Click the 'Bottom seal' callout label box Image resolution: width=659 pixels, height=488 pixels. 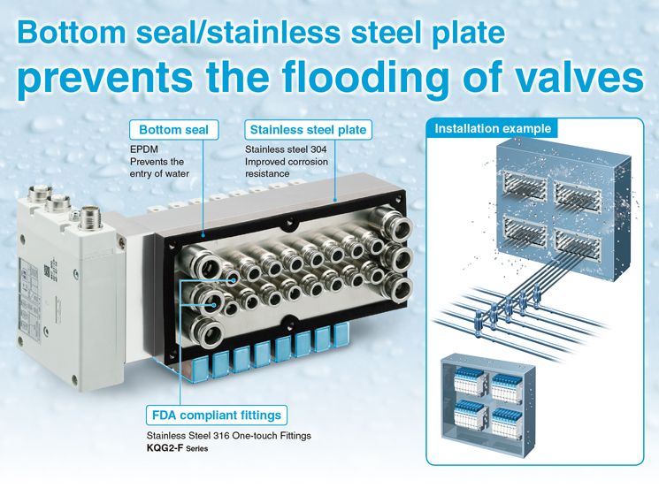click(x=174, y=130)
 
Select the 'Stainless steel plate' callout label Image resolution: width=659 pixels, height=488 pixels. click(x=308, y=130)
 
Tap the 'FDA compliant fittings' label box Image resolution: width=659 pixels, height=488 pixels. click(x=217, y=416)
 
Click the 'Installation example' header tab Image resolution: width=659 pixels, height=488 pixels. click(x=492, y=128)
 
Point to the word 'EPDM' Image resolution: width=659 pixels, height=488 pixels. click(x=144, y=149)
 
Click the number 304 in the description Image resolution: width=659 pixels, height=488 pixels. click(x=318, y=149)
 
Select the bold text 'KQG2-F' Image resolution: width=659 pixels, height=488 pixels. click(x=165, y=448)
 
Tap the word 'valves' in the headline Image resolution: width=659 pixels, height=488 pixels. click(x=553, y=76)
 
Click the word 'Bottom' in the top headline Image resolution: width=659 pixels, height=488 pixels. click(x=72, y=33)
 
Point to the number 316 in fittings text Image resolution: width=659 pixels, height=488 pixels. click(x=221, y=436)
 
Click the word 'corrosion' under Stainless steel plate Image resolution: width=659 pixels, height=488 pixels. click(x=308, y=162)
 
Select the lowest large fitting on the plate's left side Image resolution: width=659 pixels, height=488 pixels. click(x=208, y=332)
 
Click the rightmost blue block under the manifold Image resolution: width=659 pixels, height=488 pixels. click(x=341, y=334)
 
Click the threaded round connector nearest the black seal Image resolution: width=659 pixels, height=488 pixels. click(x=89, y=217)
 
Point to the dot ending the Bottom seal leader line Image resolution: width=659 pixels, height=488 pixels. click(x=203, y=235)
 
